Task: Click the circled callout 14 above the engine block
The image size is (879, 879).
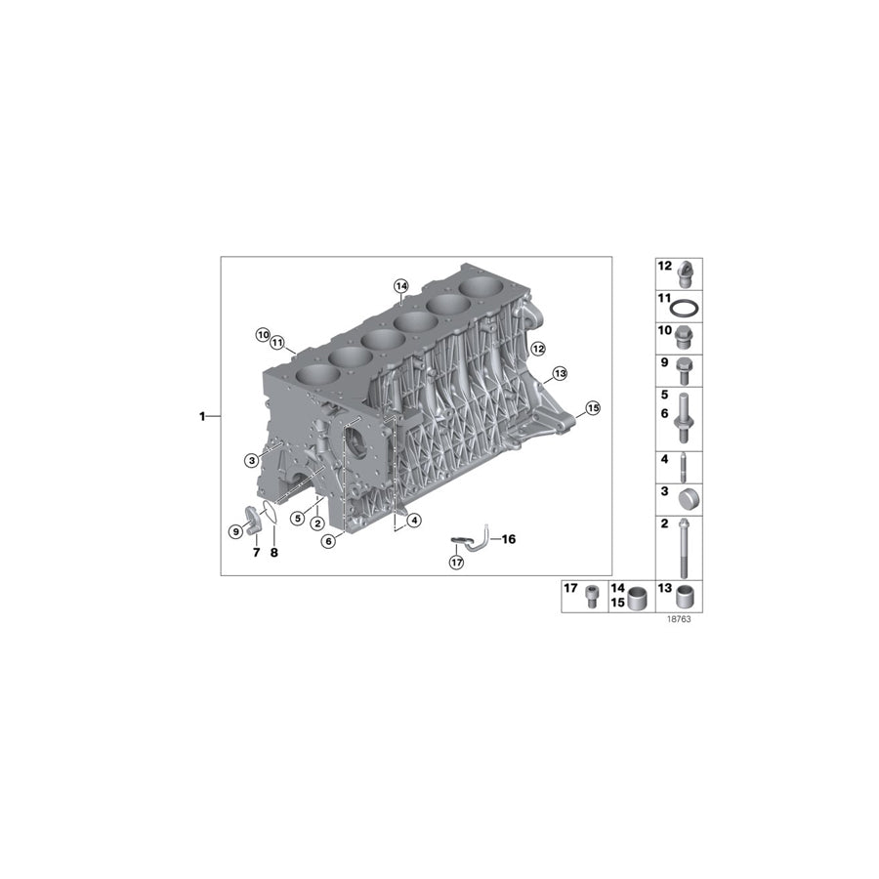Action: pos(399,285)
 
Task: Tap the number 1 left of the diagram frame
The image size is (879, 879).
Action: pos(203,417)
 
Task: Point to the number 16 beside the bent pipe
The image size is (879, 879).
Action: pos(509,538)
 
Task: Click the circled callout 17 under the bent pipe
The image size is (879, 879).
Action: pos(456,562)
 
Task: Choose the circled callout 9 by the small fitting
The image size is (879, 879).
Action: pos(235,531)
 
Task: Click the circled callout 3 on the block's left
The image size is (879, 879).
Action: pos(252,459)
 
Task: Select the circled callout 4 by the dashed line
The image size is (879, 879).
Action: pos(414,521)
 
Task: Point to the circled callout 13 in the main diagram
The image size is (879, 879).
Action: pos(559,373)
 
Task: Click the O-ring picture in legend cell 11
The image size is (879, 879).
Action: pos(688,309)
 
